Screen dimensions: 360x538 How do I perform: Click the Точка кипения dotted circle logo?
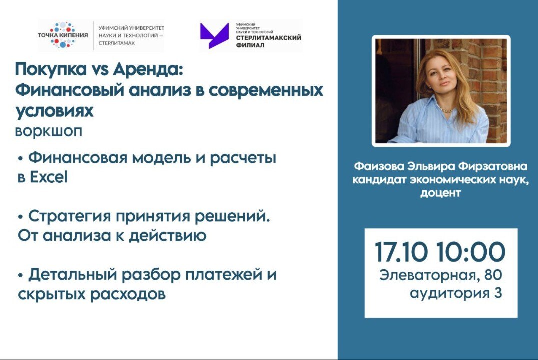pyautogui.click(x=63, y=35)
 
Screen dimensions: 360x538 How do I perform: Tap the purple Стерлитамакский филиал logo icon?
pyautogui.click(x=214, y=36)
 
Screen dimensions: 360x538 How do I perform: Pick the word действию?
pyautogui.click(x=167, y=236)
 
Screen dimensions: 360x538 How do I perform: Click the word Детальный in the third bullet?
pyautogui.click(x=70, y=275)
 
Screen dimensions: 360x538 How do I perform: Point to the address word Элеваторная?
pyautogui.click(x=425, y=275)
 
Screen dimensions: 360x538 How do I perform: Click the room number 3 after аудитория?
pyautogui.click(x=497, y=293)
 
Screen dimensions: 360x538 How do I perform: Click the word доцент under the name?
pyautogui.click(x=440, y=193)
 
